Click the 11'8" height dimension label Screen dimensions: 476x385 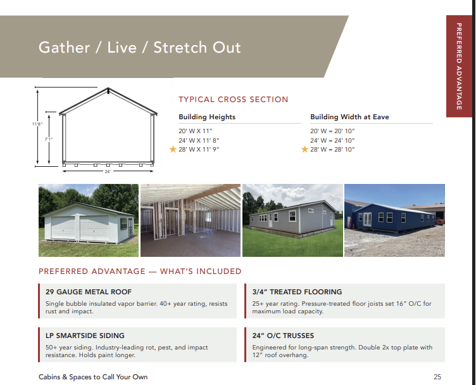(37, 124)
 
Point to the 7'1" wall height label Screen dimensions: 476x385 (49, 140)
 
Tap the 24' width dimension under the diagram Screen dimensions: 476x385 (108, 171)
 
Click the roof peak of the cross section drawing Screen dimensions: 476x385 (108, 89)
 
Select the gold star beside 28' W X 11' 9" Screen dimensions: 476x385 (173, 149)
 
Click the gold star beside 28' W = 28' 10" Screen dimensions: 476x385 (305, 149)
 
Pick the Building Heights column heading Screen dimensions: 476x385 (207, 117)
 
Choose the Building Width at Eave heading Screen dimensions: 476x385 (349, 117)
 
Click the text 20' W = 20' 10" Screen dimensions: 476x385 (332, 131)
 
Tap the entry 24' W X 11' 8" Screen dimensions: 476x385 (199, 141)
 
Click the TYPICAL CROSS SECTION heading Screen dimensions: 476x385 (234, 100)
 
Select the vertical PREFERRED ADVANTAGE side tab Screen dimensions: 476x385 (459, 67)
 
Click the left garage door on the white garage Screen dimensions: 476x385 (63, 228)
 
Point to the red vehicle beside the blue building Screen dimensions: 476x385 (439, 221)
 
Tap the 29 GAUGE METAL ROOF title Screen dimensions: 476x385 (89, 292)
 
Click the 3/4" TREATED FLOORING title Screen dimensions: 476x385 (297, 292)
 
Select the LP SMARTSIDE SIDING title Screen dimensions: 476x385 (85, 336)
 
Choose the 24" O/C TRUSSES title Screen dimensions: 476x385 (283, 336)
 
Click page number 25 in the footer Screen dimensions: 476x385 (437, 377)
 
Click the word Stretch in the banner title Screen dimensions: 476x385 (180, 48)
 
